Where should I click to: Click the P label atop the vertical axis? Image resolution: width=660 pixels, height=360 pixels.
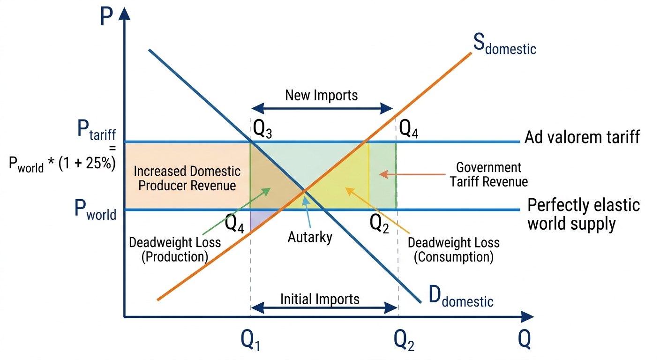tap(106, 16)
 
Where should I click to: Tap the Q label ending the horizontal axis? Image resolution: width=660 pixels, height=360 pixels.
tap(525, 339)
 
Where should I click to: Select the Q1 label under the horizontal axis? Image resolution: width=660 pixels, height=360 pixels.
tap(250, 341)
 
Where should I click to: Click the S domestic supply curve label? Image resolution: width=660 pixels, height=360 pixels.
tap(505, 44)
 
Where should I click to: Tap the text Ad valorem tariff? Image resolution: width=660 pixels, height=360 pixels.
tap(582, 137)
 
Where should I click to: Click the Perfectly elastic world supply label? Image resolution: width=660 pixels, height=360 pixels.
tap(584, 214)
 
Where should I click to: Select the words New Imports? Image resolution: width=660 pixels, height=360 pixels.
tap(322, 95)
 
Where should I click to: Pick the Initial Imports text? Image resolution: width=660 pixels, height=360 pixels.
tap(320, 300)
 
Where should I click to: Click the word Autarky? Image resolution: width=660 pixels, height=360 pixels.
tap(310, 237)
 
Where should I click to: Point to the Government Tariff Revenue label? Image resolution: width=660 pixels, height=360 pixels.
tap(489, 174)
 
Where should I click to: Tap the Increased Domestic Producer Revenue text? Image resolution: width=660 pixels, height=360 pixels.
tap(187, 178)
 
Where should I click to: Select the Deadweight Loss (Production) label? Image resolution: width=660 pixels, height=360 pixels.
tap(175, 249)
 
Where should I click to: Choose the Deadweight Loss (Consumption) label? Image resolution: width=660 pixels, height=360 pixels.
tap(454, 249)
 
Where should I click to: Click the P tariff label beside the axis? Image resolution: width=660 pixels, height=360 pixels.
tap(97, 130)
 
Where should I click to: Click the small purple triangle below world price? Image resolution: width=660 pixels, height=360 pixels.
tap(258, 218)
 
